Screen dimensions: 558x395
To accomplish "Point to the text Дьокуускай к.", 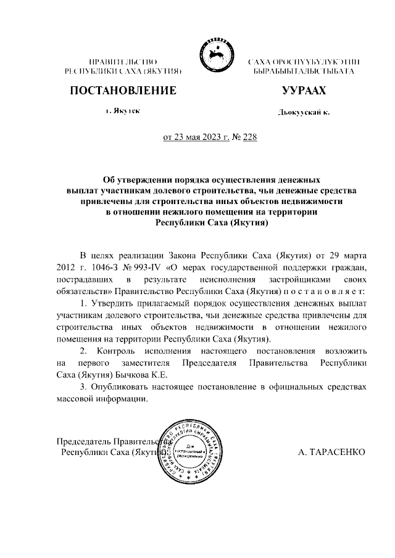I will pyautogui.click(x=304, y=112).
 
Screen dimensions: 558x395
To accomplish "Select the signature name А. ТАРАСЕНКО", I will pyautogui.click(x=331, y=452).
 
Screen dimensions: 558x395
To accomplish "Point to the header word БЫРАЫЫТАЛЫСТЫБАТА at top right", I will pyautogui.click(x=304, y=72).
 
